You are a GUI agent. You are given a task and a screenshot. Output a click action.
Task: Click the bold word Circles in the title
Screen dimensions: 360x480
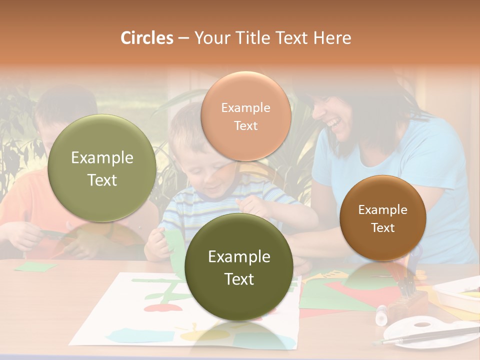[x=146, y=38]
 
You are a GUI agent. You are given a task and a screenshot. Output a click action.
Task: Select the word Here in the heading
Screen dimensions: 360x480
[x=332, y=38]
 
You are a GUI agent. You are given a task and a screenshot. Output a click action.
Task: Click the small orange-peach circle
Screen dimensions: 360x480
[x=245, y=116]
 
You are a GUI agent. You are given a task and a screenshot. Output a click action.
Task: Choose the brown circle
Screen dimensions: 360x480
[x=382, y=218]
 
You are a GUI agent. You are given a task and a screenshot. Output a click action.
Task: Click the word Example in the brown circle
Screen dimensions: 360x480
[x=382, y=209]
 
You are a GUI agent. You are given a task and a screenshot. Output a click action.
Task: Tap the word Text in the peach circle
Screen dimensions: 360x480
[x=245, y=125]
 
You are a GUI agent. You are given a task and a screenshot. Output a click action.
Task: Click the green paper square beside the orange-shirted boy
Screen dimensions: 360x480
[x=36, y=266]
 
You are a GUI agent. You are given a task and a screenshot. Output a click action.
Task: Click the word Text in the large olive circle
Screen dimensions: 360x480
[x=102, y=180]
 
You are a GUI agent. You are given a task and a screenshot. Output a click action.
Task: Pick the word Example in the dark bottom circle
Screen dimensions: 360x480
[x=239, y=257]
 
